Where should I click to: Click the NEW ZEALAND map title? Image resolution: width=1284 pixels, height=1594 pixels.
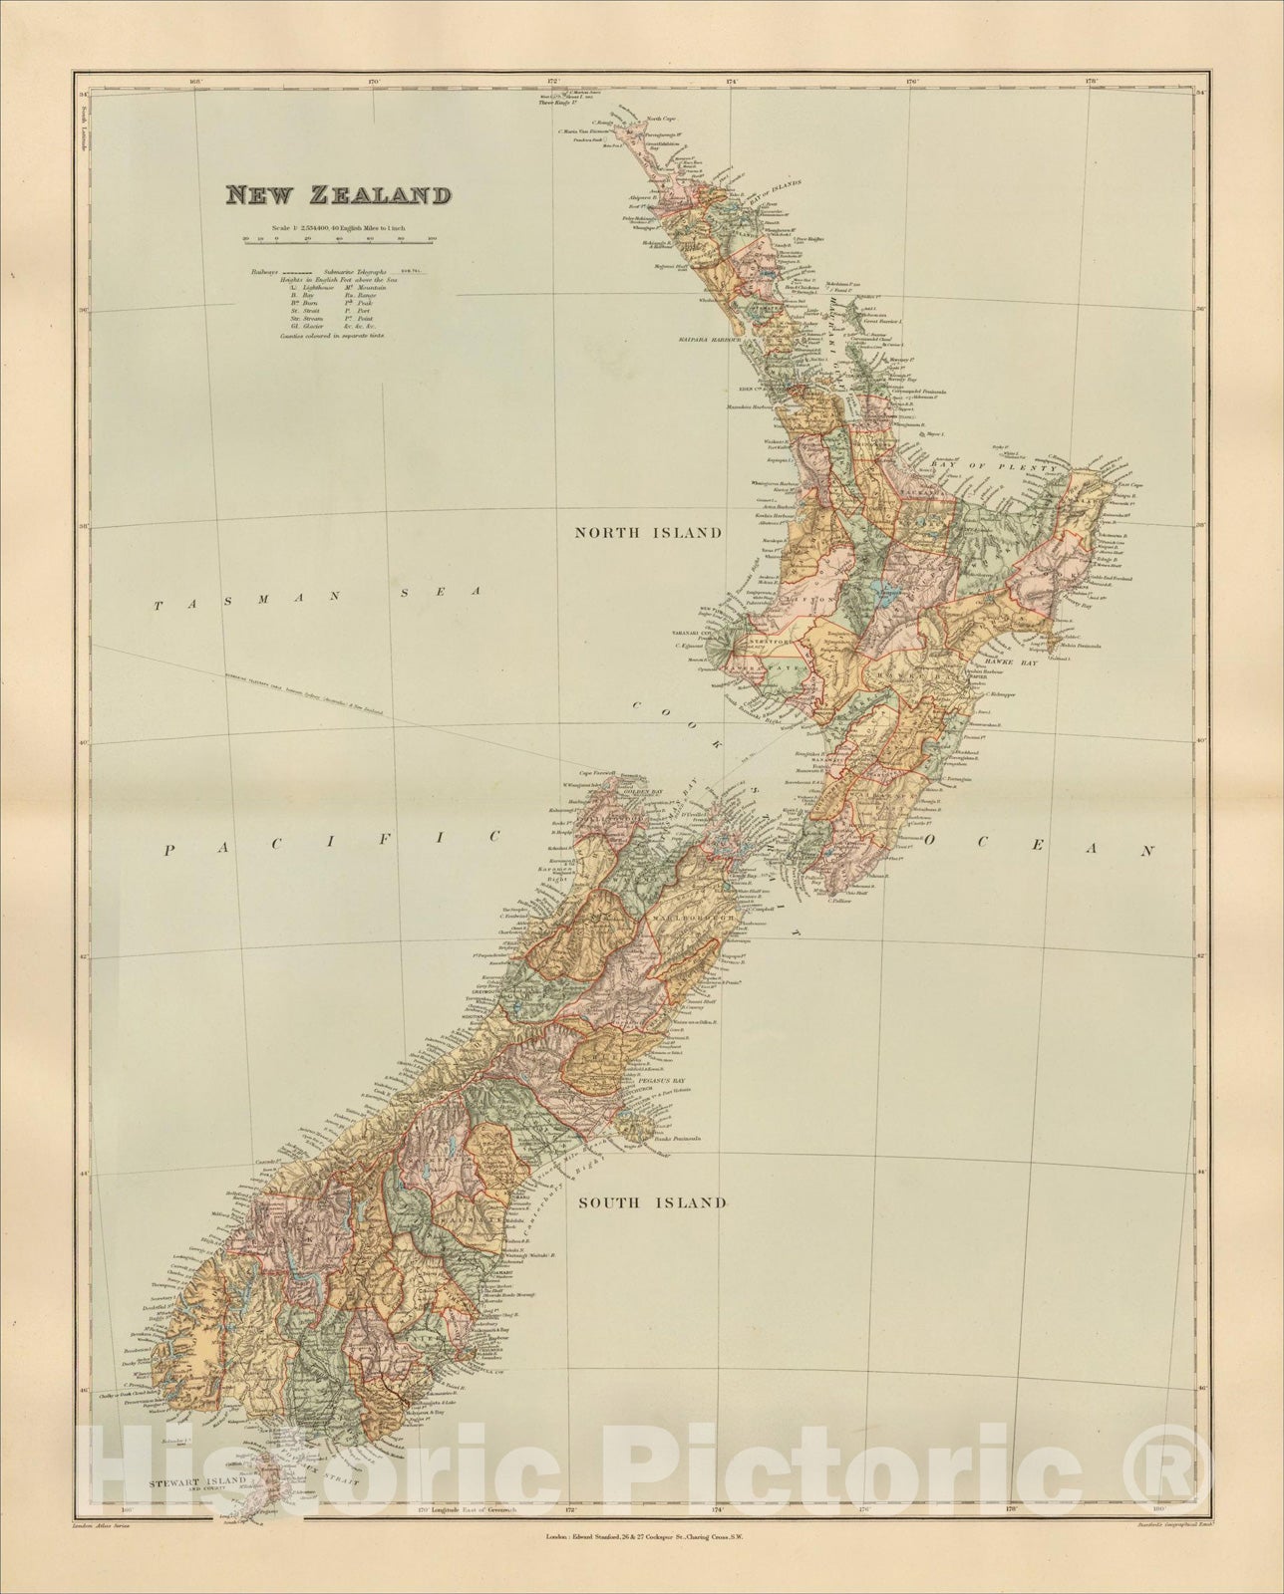tap(336, 194)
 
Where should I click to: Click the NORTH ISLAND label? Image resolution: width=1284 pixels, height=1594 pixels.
tap(646, 533)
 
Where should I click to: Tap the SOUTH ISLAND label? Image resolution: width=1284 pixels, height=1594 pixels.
tap(652, 1202)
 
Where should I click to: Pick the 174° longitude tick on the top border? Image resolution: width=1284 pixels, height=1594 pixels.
tap(732, 81)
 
